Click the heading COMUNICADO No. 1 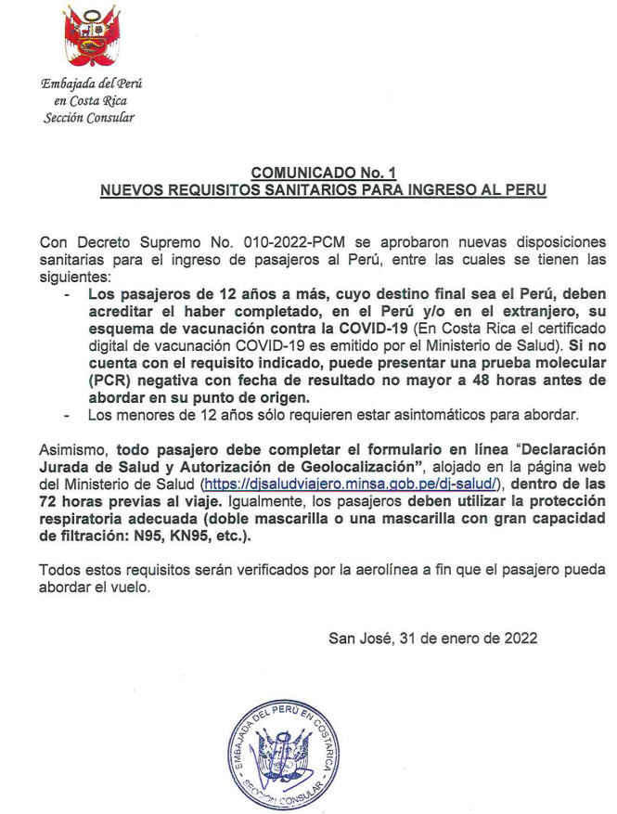[x=323, y=173]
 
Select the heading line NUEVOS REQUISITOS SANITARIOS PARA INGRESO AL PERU [x=323, y=189]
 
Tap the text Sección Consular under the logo [x=90, y=117]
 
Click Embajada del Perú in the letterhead [x=92, y=84]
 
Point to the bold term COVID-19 [x=366, y=327]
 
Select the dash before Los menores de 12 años [x=66, y=414]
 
